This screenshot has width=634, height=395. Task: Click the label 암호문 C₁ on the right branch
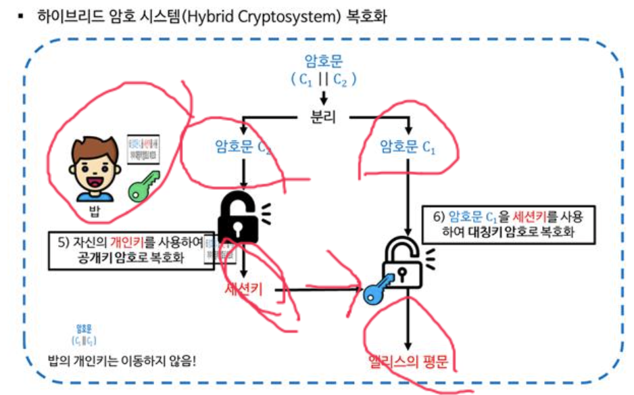tap(407, 146)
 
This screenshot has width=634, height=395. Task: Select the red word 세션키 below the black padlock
tap(243, 290)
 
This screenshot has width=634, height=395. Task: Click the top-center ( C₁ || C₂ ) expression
tap(322, 78)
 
